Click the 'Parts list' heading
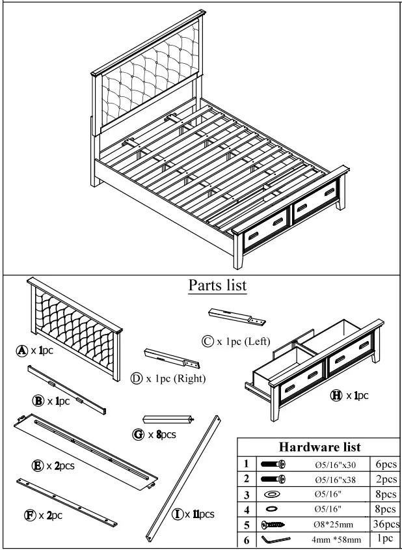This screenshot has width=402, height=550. [x=217, y=285]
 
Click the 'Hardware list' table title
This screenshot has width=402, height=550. [x=319, y=447]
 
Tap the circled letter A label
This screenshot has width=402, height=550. [x=22, y=350]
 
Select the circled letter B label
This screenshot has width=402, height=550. [x=38, y=401]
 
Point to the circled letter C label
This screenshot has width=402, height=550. [x=208, y=341]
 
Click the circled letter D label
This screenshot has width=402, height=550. [x=137, y=379]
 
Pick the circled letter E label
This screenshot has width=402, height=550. [x=38, y=465]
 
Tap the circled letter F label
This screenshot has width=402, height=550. [x=29, y=515]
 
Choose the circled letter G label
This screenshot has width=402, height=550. [x=139, y=434]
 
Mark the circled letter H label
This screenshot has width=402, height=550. [x=336, y=395]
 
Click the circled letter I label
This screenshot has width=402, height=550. [x=177, y=514]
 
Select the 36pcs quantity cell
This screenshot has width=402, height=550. [x=386, y=524]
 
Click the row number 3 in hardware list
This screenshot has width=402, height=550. [x=247, y=495]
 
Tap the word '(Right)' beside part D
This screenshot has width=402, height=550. [x=189, y=379]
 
